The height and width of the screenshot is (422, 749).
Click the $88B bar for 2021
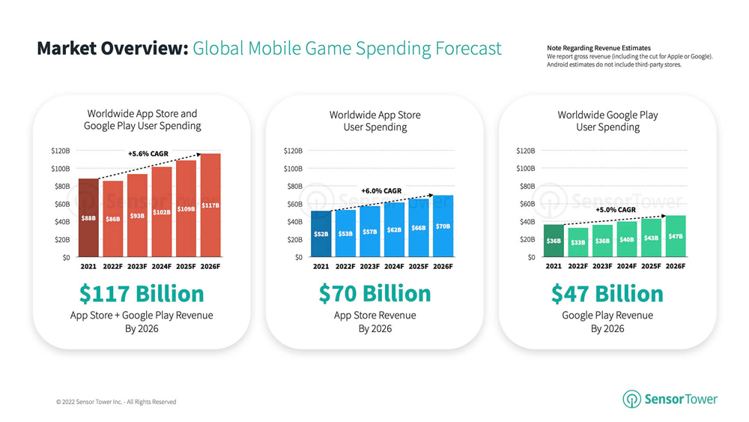pos(88,218)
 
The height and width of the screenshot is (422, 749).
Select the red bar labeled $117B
pos(210,205)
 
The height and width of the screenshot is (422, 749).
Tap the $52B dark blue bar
pos(321,234)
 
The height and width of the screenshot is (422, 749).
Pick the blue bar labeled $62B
pos(394,229)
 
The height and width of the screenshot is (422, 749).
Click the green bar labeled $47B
pos(676,236)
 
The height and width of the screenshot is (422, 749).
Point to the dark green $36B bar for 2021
pos(554,241)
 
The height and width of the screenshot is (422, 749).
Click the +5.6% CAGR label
pos(148,154)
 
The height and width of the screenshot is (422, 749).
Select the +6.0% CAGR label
pos(381,191)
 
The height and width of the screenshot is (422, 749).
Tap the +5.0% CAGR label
pos(615,210)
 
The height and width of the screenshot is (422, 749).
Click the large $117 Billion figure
pos(142,293)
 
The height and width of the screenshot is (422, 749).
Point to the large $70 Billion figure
pos(374,293)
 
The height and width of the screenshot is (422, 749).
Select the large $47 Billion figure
pos(607,293)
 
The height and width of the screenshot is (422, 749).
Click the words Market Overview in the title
pos(111,49)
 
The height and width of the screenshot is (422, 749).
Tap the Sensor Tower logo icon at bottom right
pos(631,400)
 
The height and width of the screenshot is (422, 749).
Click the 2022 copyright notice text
pos(116,402)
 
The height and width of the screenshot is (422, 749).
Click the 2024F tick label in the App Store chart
pos(394,266)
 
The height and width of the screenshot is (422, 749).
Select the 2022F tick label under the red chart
pos(113,266)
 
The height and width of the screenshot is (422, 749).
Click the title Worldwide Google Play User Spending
pos(607,121)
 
